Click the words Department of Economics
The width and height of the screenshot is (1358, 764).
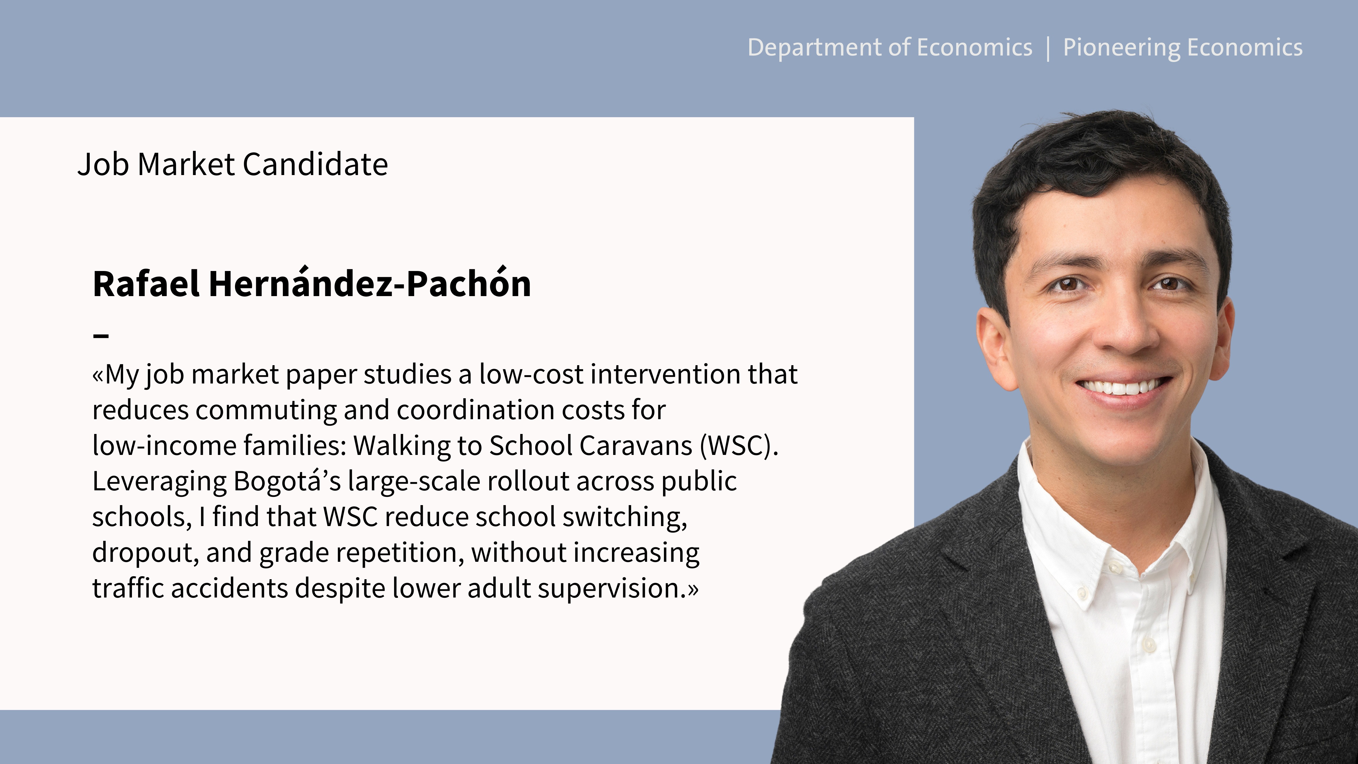coord(890,48)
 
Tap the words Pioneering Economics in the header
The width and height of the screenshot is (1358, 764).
coord(1182,48)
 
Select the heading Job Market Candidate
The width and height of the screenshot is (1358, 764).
coord(233,164)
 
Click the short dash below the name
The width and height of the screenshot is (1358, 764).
coord(101,335)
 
